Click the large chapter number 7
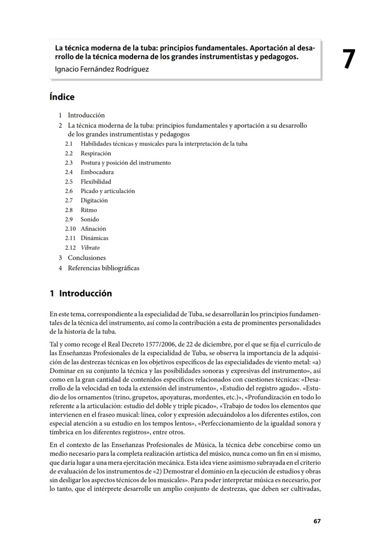pos(349,60)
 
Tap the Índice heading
pos(62,97)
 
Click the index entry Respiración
pos(96,154)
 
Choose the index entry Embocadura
pos(97,172)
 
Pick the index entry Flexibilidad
pos(96,182)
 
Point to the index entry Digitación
pos(94,200)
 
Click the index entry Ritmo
pos(89,210)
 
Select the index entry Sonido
pos(90,219)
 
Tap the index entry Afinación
pos(93,229)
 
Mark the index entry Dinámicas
pos(94,238)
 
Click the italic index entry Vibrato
pos(90,248)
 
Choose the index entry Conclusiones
pos(87,258)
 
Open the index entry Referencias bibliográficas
pos(103,268)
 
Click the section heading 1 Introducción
pos(80,293)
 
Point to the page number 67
pos(317,521)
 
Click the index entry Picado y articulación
pos(108,191)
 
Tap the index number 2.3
pos(69,163)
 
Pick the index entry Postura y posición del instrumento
pos(126,163)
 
